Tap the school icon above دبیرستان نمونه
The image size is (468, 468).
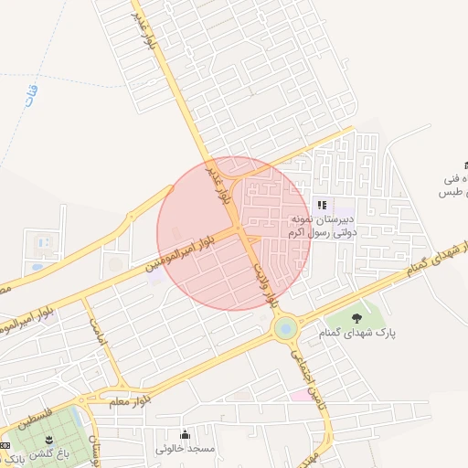[x=321, y=205]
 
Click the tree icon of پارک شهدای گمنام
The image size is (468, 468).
[x=356, y=318]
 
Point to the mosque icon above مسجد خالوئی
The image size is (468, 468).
[x=186, y=434]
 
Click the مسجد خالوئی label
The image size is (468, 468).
[x=185, y=449]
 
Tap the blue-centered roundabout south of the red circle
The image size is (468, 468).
[x=285, y=325]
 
